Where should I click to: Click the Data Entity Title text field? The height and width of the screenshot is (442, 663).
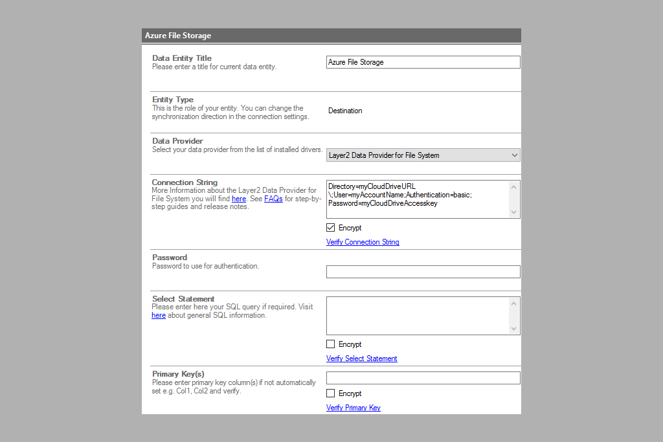[x=423, y=62]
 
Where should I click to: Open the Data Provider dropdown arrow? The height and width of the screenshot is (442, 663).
[x=514, y=155]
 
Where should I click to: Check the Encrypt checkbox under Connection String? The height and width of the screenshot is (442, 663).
[x=331, y=228]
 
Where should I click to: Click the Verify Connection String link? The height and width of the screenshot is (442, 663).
[x=363, y=242]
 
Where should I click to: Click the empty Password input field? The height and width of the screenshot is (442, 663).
[x=423, y=272]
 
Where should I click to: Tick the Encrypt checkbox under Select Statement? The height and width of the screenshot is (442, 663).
[x=331, y=344]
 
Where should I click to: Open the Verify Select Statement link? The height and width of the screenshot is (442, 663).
[x=361, y=359]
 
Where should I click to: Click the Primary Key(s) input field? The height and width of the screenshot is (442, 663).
[x=423, y=378]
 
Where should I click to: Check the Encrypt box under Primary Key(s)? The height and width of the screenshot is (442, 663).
[x=331, y=393]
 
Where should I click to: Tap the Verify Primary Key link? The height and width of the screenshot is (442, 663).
[x=353, y=408]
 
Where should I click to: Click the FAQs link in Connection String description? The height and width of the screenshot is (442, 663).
[x=273, y=199]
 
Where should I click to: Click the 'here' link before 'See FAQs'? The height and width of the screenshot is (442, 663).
[x=239, y=199]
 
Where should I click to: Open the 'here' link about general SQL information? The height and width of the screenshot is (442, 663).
[x=159, y=315]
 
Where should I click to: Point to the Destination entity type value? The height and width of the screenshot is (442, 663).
[x=345, y=111]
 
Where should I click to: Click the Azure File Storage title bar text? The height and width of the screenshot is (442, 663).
[x=178, y=36]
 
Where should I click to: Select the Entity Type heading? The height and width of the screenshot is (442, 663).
[x=173, y=100]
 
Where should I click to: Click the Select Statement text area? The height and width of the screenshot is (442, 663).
[x=418, y=316]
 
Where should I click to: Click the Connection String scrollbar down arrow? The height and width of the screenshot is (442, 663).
[x=514, y=212]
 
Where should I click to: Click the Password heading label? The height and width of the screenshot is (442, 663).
[x=170, y=258]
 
